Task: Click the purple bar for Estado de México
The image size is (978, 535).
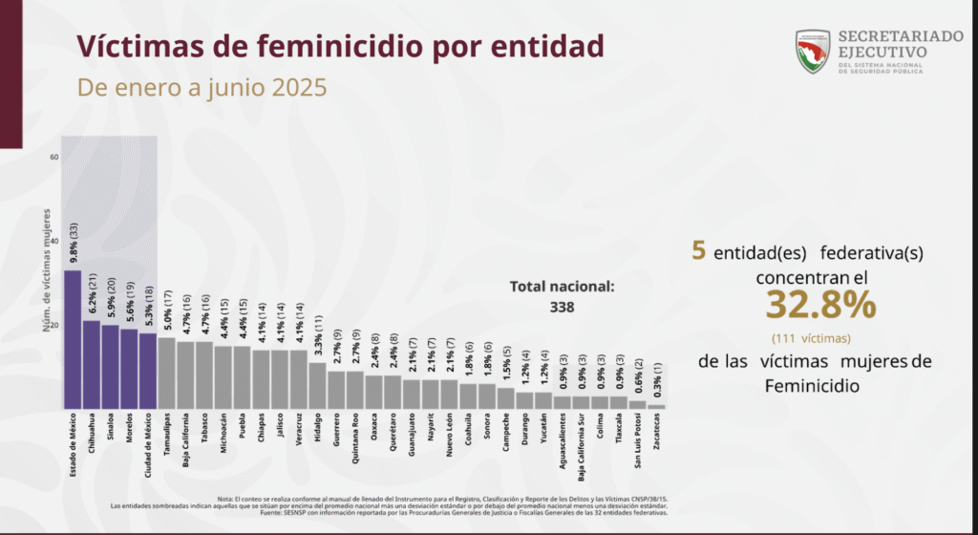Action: point(73,339)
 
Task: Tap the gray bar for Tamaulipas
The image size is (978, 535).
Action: point(167,373)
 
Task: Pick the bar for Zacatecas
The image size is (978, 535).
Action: point(656,406)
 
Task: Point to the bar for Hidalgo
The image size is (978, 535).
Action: point(317,385)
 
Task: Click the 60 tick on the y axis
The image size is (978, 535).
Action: point(54,157)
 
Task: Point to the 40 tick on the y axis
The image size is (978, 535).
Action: point(54,241)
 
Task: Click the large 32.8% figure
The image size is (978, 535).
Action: point(820,305)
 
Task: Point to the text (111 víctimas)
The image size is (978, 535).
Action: point(812,337)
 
